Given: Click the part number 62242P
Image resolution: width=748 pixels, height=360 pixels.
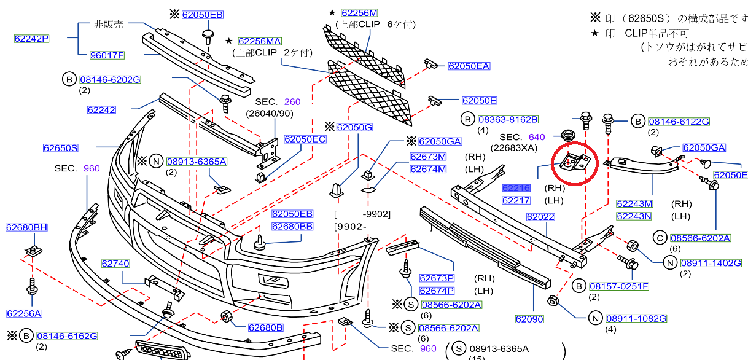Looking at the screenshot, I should [31, 39].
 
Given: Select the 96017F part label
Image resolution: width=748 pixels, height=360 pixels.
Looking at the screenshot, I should [107, 55].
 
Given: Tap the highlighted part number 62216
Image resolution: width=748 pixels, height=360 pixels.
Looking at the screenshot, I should [516, 189].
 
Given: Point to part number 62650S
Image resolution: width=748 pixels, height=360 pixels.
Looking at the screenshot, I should [60, 148].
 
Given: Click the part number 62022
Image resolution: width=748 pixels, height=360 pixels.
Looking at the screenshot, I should [540, 217].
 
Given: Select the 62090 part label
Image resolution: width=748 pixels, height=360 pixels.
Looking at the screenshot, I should [529, 319].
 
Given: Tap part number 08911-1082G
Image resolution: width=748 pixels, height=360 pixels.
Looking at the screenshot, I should [635, 318].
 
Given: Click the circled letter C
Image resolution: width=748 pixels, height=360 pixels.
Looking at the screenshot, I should [660, 238].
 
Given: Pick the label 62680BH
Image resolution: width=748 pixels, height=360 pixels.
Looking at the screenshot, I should [26, 227].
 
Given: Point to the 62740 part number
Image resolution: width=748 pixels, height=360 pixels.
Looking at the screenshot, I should [115, 264].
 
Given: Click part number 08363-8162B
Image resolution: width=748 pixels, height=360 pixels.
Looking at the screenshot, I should [507, 119].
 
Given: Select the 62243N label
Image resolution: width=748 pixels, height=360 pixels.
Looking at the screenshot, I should [634, 216].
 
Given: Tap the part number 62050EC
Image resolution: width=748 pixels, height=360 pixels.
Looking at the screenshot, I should [305, 139].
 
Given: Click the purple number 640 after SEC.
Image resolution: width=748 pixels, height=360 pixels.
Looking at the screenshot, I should [536, 137].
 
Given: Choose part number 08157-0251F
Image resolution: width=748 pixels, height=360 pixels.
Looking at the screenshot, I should [619, 287].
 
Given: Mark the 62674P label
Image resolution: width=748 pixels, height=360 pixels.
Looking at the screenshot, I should [436, 291].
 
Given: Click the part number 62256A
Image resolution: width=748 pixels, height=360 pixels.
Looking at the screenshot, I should [24, 314].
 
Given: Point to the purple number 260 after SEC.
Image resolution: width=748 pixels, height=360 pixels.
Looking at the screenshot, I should [292, 102].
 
